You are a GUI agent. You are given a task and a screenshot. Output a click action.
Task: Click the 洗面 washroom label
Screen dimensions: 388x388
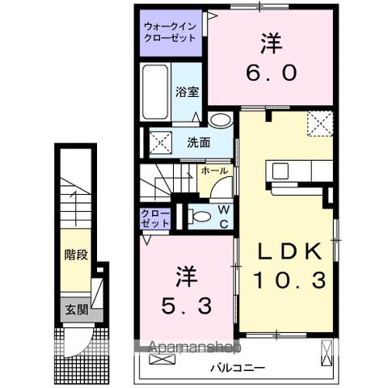coord(199,142)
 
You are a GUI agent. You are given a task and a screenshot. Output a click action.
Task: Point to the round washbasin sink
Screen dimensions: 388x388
coord(218,120)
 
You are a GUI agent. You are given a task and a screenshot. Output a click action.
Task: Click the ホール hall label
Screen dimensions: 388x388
coord(214,171)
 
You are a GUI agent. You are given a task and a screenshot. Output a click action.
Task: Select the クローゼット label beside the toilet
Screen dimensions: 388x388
coord(154,218)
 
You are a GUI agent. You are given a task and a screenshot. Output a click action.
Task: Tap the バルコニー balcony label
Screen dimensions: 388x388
coord(238,367)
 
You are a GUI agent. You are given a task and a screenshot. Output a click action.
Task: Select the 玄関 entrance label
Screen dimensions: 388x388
coord(77,310)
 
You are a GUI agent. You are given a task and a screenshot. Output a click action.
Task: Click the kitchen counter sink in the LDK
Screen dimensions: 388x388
coord(281,171)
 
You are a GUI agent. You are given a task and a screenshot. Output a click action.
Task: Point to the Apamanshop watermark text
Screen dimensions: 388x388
coord(193,348)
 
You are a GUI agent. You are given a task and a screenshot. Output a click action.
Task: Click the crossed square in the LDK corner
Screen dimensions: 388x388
coord(319,124)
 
